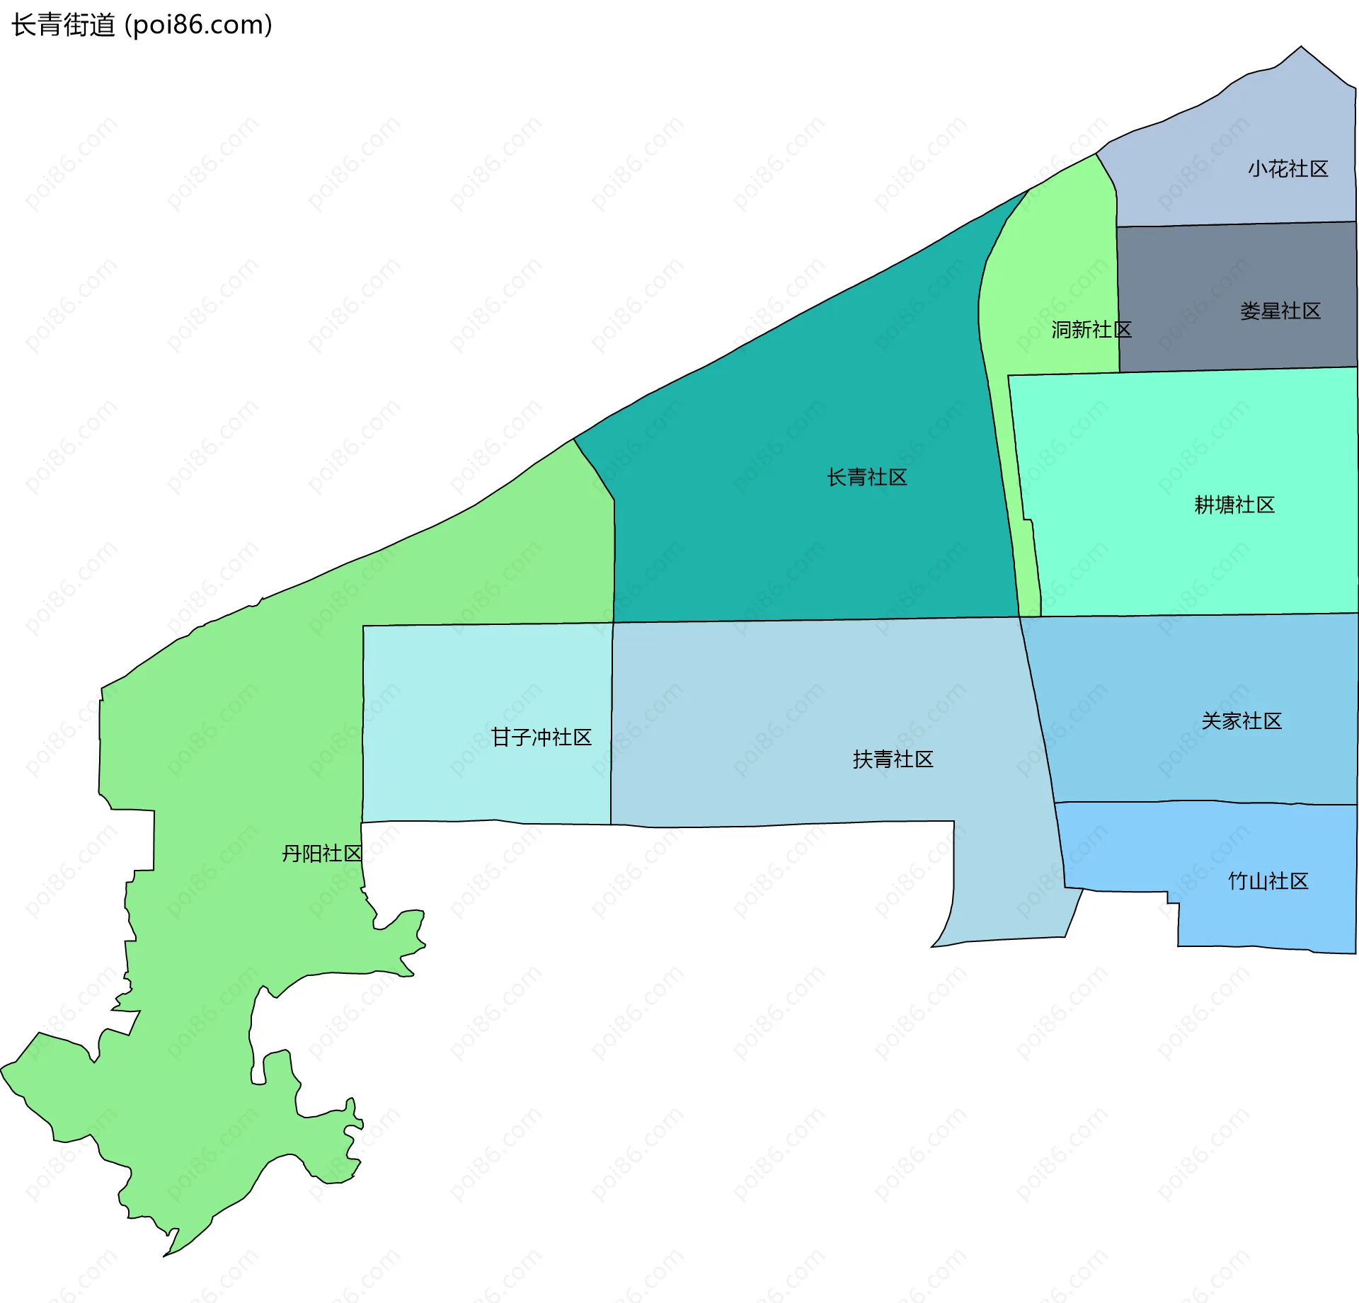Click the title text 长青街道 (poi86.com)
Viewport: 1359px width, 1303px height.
(142, 25)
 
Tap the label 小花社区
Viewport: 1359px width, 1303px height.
(1288, 169)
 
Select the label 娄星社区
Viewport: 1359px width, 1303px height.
(1280, 311)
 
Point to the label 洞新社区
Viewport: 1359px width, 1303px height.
(1091, 330)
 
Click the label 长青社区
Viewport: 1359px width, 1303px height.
(866, 478)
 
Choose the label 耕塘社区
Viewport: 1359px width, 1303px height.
(1234, 505)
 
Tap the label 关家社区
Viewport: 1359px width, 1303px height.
(1241, 721)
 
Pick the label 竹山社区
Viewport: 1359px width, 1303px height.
(1268, 881)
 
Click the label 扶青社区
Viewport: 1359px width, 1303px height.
(893, 759)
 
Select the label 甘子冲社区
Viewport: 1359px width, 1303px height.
(541, 737)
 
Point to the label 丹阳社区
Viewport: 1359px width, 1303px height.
(321, 854)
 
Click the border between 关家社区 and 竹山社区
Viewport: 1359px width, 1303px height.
(1203, 802)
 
